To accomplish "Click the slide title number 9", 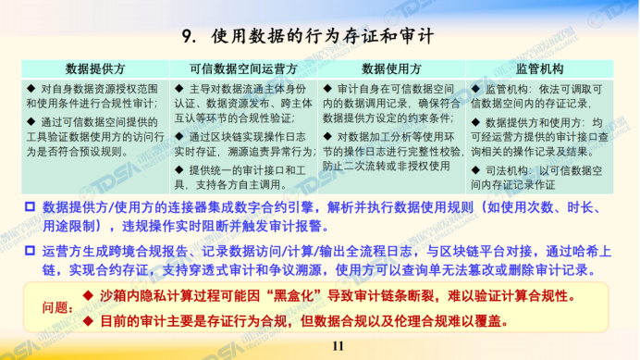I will [188, 37].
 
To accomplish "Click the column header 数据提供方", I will [95, 69].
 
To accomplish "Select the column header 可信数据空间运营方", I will [243, 69].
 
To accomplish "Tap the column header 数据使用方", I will [391, 69].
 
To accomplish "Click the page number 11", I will [338, 346].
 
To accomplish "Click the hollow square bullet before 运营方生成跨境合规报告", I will [30, 250].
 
